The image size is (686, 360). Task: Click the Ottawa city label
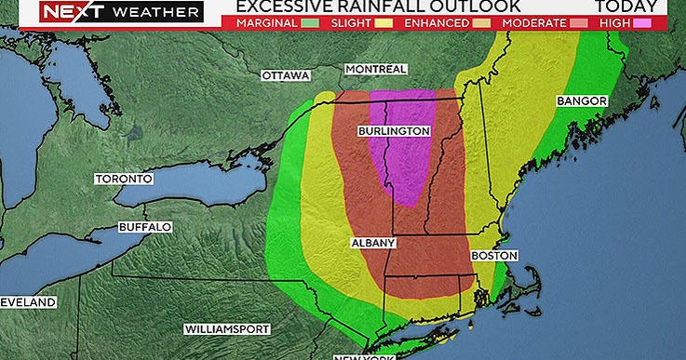(x=285, y=75)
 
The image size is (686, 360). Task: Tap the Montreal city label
(x=375, y=70)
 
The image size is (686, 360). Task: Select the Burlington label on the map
(x=394, y=131)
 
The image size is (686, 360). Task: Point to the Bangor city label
(x=582, y=100)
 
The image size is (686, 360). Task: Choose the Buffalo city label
(x=144, y=227)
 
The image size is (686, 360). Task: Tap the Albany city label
(x=373, y=243)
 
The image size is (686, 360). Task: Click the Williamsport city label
(x=227, y=329)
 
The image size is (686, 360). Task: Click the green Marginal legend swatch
(x=309, y=21)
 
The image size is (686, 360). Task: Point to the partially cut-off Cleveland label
(x=27, y=302)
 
